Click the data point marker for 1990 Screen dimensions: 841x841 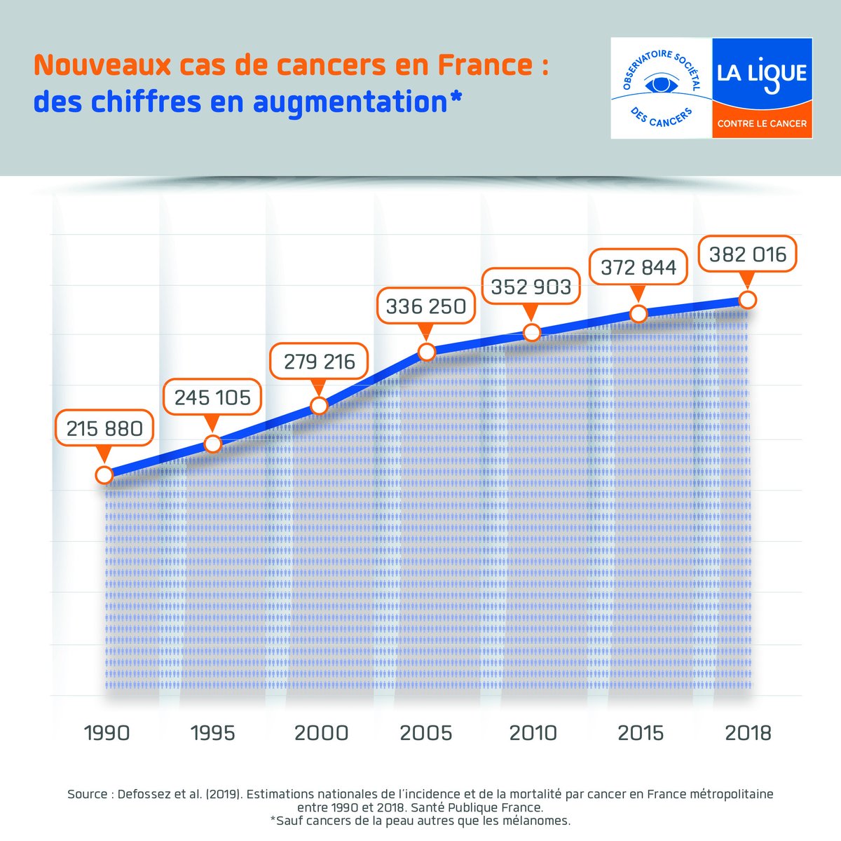point(104,474)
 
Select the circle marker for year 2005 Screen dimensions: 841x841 point(426,352)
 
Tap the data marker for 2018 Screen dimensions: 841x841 point(748,300)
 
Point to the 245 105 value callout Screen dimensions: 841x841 point(212,397)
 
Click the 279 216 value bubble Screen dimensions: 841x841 point(320,362)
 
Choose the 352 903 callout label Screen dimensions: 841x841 point(531,287)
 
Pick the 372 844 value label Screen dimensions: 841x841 point(638,267)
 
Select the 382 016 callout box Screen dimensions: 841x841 point(748,254)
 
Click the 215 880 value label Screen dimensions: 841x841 point(104,428)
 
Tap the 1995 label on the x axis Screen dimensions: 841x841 point(213,733)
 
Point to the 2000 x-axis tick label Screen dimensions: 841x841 point(321,733)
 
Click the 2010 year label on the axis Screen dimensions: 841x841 point(533,733)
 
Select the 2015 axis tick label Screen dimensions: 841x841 point(641,733)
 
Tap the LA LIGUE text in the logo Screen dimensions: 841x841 point(762,74)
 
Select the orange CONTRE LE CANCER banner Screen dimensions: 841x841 point(762,123)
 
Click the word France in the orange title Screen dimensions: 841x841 point(485,65)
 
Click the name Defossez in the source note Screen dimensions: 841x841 point(144,794)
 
